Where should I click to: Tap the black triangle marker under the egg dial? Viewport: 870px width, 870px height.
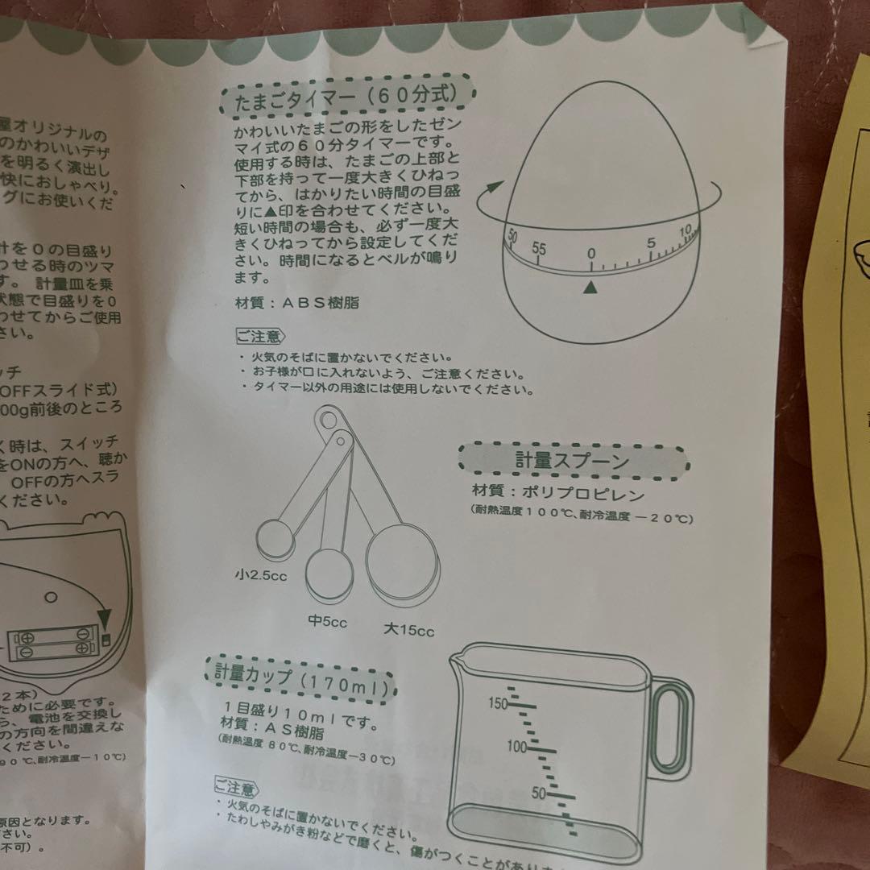point(591,286)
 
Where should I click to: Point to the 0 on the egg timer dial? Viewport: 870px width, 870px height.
point(591,254)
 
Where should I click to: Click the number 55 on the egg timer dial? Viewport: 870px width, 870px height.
point(540,249)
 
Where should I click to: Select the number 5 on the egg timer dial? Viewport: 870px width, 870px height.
point(651,243)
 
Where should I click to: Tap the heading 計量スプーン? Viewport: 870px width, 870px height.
point(572,461)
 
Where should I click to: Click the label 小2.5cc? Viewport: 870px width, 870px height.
point(261,575)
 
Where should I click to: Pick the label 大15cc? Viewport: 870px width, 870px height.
point(408,630)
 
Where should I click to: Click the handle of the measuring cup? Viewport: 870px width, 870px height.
point(670,724)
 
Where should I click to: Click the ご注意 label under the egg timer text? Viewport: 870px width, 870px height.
point(258,336)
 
